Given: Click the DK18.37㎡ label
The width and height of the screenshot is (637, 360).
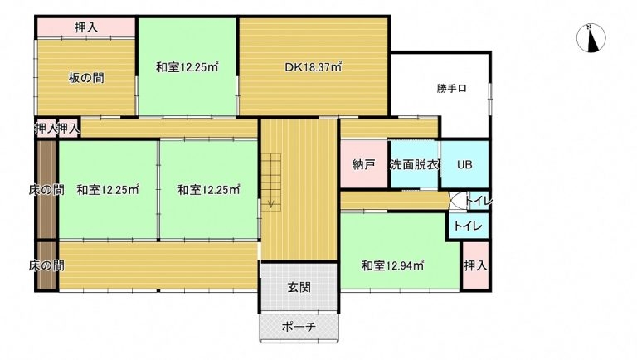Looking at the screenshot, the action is tap(313, 66).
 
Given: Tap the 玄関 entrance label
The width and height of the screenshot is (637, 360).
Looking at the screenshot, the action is tap(299, 287).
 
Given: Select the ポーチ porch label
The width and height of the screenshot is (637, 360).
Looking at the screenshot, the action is tap(299, 327).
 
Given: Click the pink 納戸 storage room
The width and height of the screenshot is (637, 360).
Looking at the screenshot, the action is tap(363, 164).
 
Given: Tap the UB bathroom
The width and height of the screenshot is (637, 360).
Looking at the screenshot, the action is tap(464, 164).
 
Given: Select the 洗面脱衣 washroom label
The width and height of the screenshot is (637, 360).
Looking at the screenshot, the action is tap(414, 164).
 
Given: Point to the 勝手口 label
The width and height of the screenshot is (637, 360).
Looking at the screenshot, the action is tap(452, 88).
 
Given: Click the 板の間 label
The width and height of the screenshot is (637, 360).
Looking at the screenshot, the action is tap(85, 78).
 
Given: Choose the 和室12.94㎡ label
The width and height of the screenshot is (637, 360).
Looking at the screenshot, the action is tap(392, 265).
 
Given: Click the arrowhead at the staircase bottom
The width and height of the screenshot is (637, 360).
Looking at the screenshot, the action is tap(270, 203).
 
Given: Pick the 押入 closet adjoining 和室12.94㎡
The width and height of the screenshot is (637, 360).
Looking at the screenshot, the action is tap(475, 265).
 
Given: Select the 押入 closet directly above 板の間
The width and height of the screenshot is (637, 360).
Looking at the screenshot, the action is tap(85, 27).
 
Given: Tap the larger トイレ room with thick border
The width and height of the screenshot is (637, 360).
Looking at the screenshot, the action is tap(468, 226).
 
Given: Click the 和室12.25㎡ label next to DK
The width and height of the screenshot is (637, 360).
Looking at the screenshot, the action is tap(187, 66).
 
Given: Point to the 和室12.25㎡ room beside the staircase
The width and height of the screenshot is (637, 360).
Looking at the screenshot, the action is tap(208, 189).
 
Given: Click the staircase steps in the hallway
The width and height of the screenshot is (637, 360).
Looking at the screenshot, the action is tap(270, 181).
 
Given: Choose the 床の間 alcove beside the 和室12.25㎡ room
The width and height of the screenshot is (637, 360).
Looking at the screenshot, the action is tap(46, 189).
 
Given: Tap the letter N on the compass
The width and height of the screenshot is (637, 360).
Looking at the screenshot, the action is tap(589, 27).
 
